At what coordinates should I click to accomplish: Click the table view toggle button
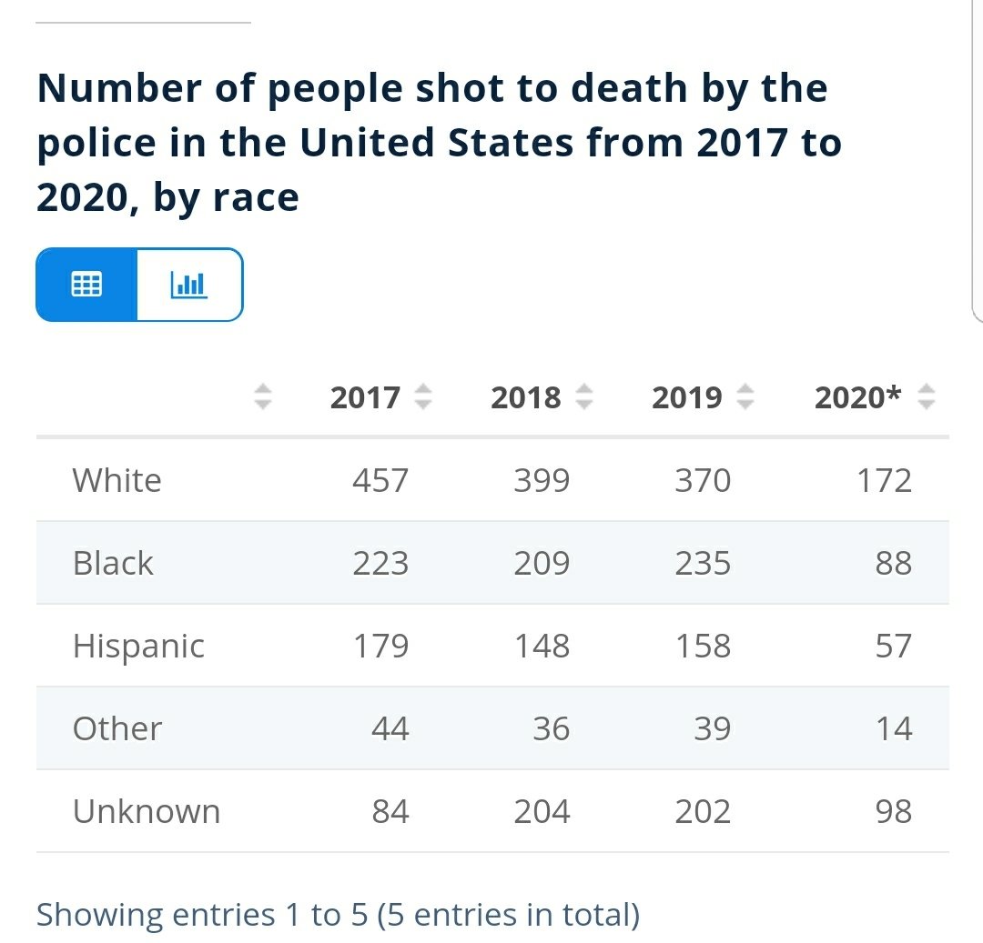86,285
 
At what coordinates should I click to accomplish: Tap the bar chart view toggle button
189,285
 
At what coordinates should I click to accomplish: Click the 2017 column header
365,397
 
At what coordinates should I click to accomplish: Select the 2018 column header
525,397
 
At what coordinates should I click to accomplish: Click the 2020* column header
857,397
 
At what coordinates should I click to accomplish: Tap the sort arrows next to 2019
745,396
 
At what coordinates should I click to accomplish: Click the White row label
117,480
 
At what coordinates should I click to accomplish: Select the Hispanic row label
138,647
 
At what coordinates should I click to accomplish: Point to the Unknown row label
147,811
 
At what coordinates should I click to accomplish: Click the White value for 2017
380,480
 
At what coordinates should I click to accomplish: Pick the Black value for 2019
703,563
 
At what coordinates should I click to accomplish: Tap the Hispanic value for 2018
542,646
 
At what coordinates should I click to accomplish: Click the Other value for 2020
894,728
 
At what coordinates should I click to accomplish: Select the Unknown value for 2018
542,811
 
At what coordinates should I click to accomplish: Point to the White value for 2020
884,480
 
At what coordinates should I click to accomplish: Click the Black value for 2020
894,563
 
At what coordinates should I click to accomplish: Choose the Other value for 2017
390,728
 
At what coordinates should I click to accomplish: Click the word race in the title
256,198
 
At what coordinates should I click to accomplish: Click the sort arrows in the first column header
263,396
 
